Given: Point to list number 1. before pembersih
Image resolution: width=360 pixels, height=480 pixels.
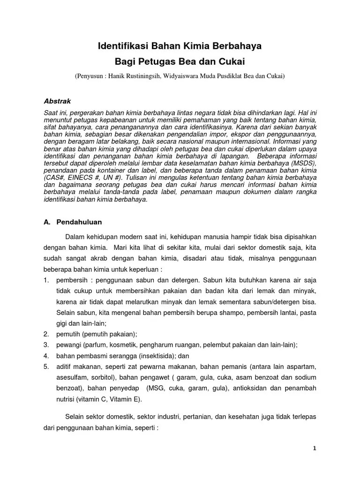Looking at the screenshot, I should tap(46, 280).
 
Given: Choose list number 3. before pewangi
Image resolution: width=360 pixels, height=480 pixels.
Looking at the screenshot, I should tap(46, 345).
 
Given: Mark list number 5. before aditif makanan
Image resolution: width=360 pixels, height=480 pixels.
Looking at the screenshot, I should tap(46, 366).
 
